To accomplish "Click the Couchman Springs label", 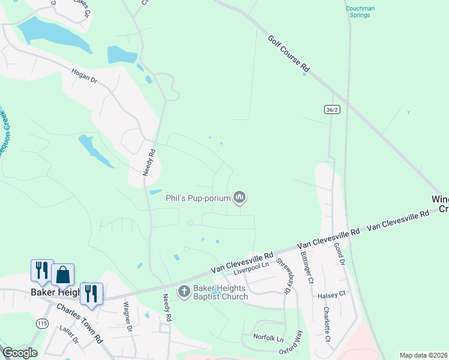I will tap(360, 12).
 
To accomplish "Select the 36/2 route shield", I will tap(332, 109).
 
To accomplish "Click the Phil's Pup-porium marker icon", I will tap(240, 197).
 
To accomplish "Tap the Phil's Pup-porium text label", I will tap(203, 197).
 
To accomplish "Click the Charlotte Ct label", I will tap(327, 324).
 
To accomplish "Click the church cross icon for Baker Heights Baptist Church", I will tap(184, 292).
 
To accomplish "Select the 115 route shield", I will tap(41, 323).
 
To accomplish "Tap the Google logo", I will tap(20, 353).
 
